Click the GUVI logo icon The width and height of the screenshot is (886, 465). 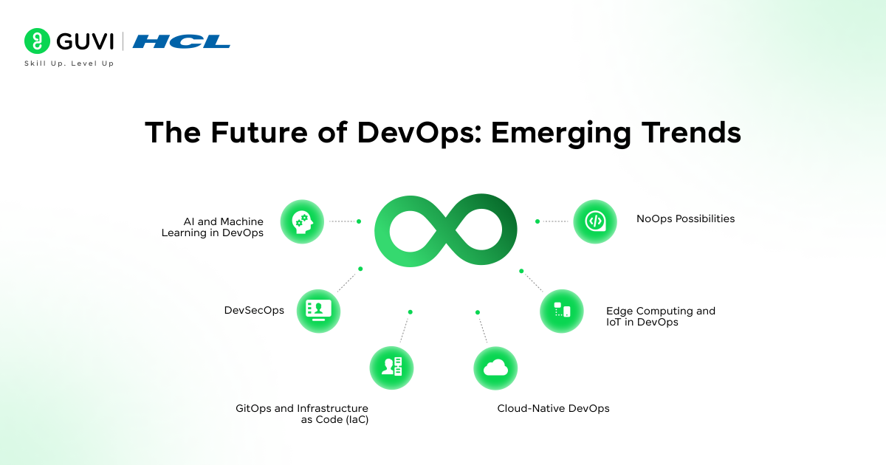click(x=36, y=41)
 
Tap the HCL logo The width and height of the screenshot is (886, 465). click(x=181, y=41)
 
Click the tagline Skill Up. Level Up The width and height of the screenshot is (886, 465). click(x=69, y=64)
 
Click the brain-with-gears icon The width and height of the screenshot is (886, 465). click(x=302, y=221)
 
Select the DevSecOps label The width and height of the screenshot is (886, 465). click(x=254, y=311)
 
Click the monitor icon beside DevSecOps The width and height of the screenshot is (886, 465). click(x=318, y=311)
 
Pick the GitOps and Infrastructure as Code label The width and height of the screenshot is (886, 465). click(x=301, y=413)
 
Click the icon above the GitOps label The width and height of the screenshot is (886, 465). click(x=391, y=367)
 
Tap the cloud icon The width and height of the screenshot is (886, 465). click(x=495, y=368)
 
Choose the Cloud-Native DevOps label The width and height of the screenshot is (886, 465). click(x=553, y=408)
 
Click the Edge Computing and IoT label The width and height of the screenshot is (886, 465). click(x=660, y=316)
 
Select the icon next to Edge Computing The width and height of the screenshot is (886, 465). click(x=562, y=311)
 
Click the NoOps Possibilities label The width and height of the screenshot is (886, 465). click(x=685, y=218)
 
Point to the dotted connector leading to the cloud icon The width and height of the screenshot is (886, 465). click(x=483, y=329)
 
